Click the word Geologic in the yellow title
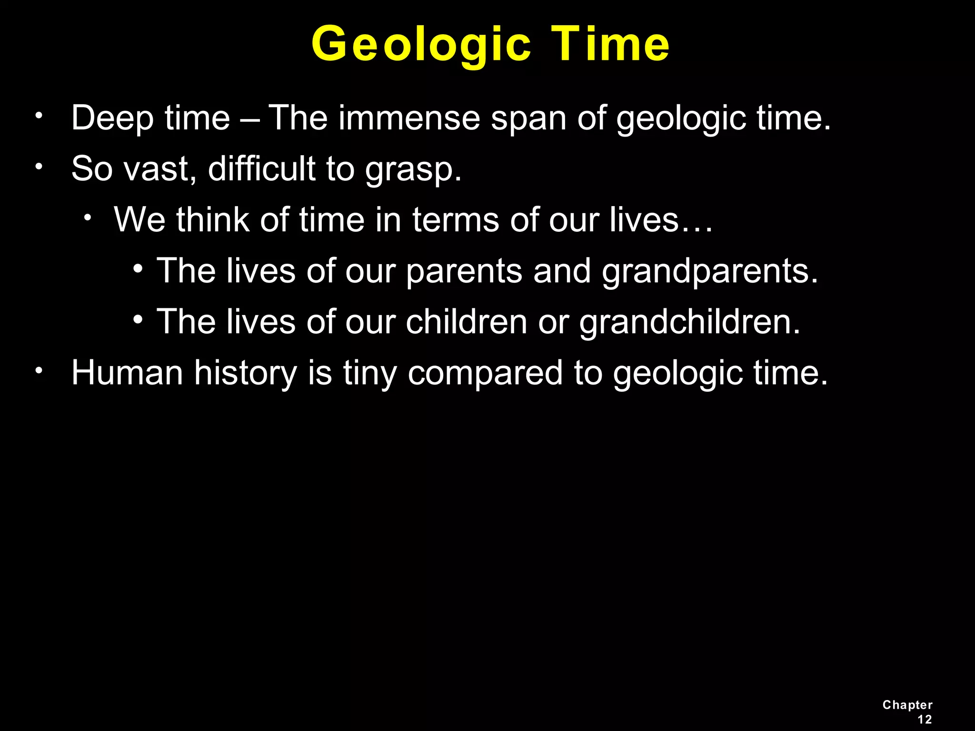(x=421, y=44)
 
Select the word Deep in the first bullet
(x=112, y=118)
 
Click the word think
(x=213, y=220)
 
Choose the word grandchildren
(x=690, y=322)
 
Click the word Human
(x=127, y=373)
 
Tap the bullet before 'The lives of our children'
(x=138, y=319)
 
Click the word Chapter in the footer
(x=907, y=705)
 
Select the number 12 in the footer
(x=924, y=720)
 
